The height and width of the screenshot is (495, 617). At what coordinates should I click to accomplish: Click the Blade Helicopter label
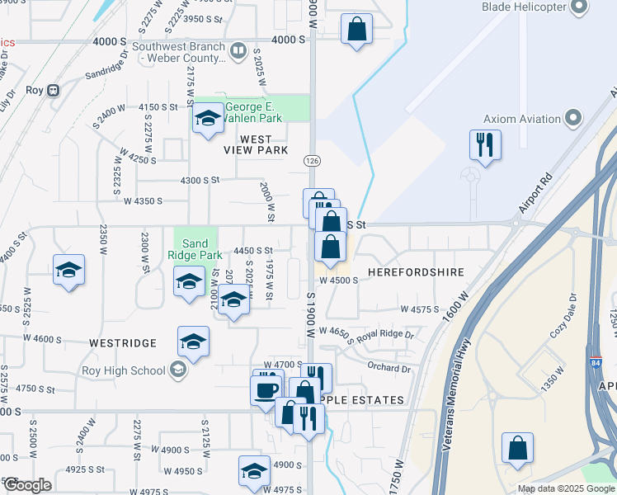(x=524, y=7)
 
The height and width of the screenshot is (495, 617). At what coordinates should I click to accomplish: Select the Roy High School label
(x=123, y=370)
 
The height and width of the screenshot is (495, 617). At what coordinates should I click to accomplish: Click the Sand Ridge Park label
(x=195, y=249)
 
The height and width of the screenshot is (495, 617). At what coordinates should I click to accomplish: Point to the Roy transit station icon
(x=54, y=89)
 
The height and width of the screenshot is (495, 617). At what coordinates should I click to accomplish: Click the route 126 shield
(x=311, y=158)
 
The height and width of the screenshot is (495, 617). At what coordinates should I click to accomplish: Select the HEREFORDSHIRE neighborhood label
(x=416, y=271)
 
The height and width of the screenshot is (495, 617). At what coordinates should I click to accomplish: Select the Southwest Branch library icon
(x=238, y=51)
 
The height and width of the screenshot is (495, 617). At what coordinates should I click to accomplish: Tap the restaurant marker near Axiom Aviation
(x=483, y=145)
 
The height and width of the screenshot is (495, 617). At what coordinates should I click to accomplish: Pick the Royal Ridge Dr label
(x=385, y=335)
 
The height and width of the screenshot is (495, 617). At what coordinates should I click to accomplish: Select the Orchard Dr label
(x=388, y=369)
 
